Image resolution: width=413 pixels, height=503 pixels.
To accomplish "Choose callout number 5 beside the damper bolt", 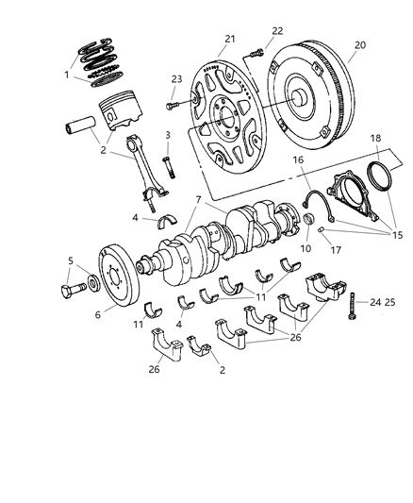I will coord(71,260).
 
